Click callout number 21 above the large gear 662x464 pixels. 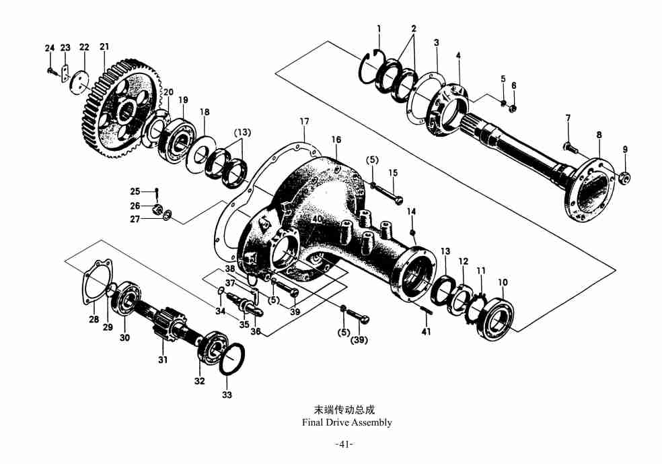[x=104, y=47]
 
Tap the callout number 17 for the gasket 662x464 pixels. [x=304, y=121]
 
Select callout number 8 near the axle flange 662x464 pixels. [x=599, y=135]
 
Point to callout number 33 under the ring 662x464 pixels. [x=227, y=395]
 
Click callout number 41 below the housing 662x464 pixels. [x=426, y=331]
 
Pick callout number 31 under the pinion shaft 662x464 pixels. [x=162, y=360]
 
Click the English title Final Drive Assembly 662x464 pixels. [x=346, y=422]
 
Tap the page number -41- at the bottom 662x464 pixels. [x=344, y=444]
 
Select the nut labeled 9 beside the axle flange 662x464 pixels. [x=623, y=178]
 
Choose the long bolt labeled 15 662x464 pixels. [x=390, y=192]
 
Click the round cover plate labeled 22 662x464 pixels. [x=80, y=81]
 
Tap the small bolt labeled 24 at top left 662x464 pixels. [x=50, y=69]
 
